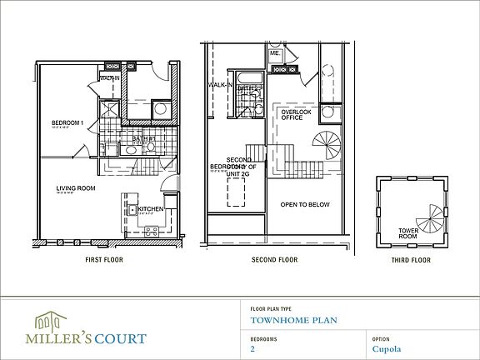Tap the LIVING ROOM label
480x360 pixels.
pyautogui.click(x=74, y=188)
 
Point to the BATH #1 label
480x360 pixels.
pyautogui.click(x=138, y=138)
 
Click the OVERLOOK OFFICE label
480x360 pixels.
pyautogui.click(x=296, y=114)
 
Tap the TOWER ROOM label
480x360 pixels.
pyautogui.click(x=407, y=232)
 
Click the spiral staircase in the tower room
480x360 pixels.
pyautogui.click(x=432, y=219)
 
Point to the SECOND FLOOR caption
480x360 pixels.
pyautogui.click(x=274, y=260)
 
